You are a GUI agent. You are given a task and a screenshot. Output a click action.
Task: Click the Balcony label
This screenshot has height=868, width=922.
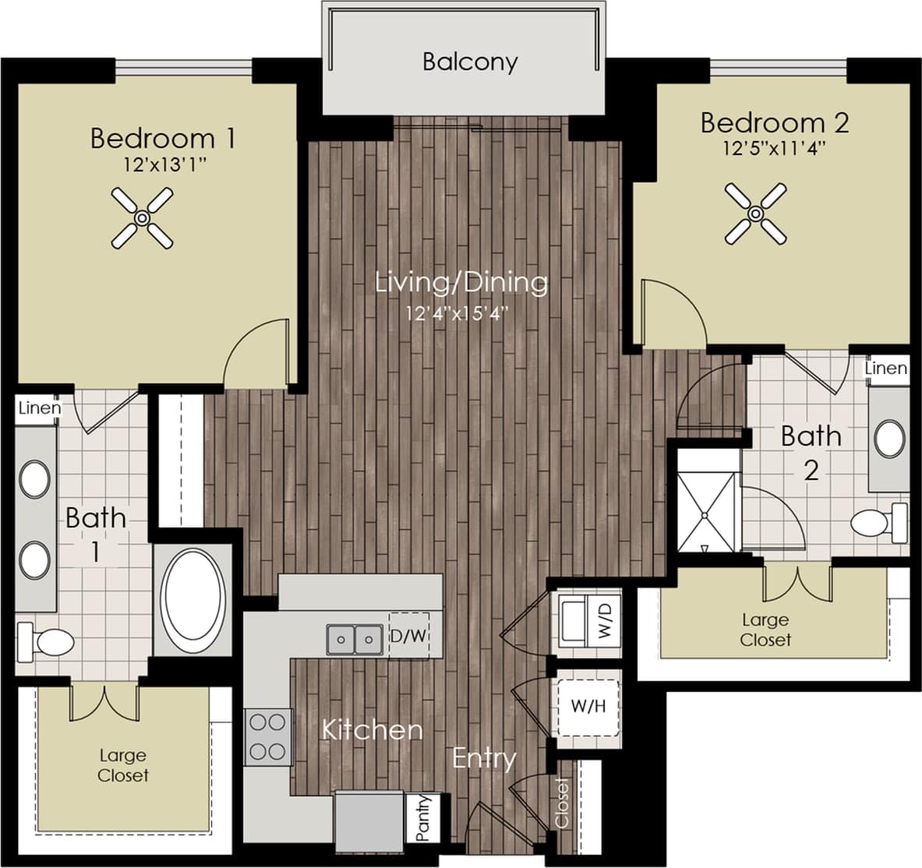469,62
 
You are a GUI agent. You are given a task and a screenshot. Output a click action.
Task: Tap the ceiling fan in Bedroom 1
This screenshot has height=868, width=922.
142,218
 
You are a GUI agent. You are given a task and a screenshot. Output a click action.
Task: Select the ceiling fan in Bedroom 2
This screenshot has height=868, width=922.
755,213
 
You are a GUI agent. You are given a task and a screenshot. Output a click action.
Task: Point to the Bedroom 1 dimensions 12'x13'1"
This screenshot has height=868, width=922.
164,165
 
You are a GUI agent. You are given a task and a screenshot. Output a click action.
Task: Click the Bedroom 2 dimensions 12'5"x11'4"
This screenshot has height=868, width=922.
774,147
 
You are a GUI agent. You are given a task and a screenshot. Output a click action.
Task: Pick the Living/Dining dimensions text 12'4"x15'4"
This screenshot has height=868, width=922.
461,313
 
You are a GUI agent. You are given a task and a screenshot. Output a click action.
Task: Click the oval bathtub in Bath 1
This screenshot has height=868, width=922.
193,597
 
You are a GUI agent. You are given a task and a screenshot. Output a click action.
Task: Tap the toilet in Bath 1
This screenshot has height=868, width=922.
46,641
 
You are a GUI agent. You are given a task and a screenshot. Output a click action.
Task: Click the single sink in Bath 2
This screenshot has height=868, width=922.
889,439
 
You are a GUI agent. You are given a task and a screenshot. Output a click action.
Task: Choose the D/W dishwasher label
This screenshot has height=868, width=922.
408,636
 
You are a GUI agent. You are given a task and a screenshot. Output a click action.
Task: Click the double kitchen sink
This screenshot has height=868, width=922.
354,640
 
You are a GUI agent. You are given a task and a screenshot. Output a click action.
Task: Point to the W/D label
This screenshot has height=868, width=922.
606,616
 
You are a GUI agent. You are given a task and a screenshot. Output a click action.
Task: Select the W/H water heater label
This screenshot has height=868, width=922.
588,707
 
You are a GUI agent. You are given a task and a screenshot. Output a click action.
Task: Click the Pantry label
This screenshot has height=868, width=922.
423,817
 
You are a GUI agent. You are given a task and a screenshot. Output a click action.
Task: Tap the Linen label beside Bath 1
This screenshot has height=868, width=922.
39,408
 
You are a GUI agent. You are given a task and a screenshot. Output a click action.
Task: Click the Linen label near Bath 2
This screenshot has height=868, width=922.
886,368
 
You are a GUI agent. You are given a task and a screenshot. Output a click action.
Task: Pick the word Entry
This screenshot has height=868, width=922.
484,758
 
